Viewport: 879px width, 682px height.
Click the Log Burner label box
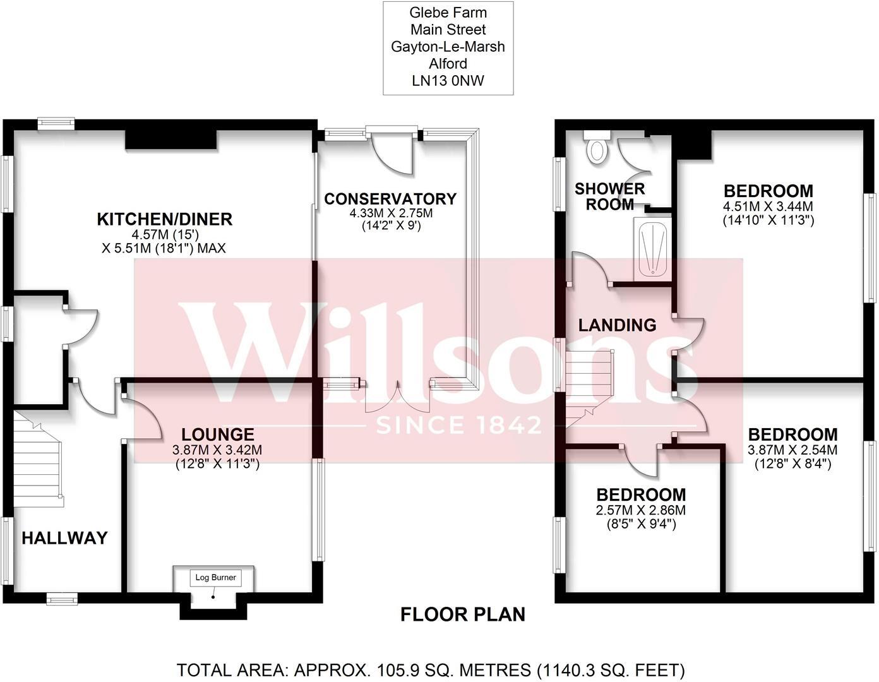coord(215,577)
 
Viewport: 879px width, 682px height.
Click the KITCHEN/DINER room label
coord(164,219)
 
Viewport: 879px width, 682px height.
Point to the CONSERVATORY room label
coord(390,199)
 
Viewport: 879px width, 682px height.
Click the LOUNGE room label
coord(217,434)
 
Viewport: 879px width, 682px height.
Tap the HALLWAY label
coord(64,538)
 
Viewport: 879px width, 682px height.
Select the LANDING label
coord(617,325)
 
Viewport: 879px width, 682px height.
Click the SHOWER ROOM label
coord(609,196)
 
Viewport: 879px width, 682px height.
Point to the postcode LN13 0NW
coord(448,80)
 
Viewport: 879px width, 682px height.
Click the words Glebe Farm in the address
coord(448,13)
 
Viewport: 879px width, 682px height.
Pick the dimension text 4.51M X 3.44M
coord(768,206)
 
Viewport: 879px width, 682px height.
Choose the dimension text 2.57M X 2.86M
coord(641,510)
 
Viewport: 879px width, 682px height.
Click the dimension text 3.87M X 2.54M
coord(792,450)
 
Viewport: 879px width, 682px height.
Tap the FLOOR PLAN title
coord(462,614)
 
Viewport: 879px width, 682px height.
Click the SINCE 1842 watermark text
coord(458,424)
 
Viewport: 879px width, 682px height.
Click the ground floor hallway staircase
coord(38,458)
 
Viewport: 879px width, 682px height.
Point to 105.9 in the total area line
coord(396,669)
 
